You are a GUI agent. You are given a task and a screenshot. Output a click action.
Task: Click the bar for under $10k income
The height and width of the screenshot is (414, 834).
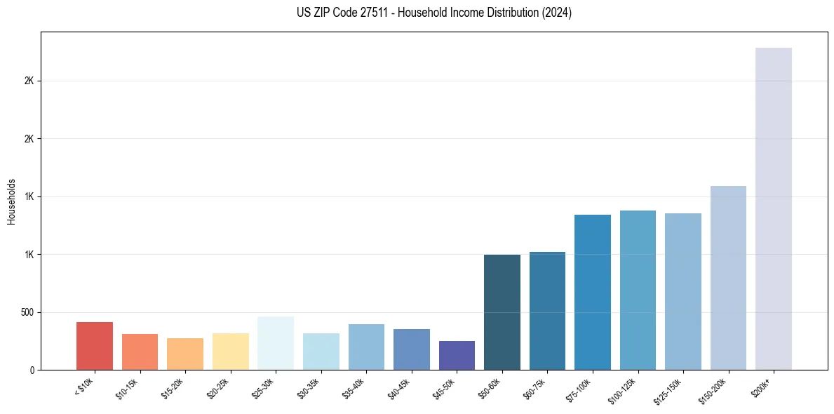(95, 346)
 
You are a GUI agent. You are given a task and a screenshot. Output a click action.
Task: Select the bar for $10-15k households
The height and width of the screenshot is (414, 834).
(140, 352)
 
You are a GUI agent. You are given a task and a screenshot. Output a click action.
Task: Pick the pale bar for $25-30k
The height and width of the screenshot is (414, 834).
(276, 343)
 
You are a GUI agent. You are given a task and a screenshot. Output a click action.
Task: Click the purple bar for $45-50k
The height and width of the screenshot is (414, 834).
(457, 356)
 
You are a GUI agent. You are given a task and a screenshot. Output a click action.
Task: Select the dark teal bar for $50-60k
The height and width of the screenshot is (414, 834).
(502, 312)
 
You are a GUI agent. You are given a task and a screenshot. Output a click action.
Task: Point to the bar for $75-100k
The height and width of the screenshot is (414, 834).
(593, 293)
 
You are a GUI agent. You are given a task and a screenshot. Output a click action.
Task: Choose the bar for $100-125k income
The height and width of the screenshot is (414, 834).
(638, 291)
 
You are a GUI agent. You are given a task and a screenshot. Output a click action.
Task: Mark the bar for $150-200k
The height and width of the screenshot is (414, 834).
(728, 278)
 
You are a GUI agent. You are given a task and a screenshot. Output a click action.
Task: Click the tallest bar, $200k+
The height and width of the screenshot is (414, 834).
(774, 209)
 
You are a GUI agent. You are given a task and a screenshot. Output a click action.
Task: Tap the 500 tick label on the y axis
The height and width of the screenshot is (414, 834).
(28, 312)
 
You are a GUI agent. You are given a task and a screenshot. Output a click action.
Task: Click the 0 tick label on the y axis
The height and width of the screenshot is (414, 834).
(32, 370)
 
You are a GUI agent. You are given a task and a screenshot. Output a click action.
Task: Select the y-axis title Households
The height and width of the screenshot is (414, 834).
(11, 201)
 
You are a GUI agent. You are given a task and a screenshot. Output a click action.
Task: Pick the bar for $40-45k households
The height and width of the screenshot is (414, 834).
(412, 349)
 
